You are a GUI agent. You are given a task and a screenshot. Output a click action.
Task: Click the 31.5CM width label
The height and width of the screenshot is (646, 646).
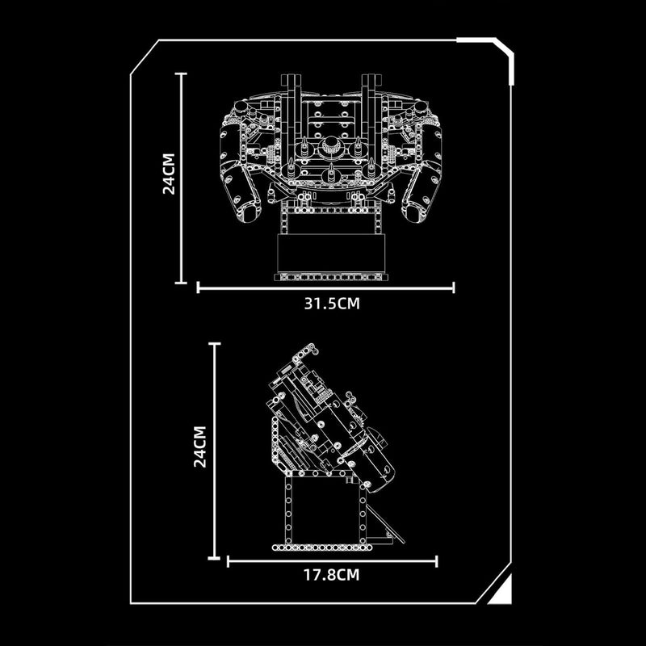click(325, 304)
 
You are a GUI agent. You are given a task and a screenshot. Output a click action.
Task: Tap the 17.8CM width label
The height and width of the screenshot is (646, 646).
click(331, 575)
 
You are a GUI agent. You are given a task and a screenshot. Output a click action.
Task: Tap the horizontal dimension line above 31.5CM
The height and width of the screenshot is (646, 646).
click(325, 286)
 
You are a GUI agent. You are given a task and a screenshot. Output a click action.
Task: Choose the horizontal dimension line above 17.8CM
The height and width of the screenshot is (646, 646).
click(331, 560)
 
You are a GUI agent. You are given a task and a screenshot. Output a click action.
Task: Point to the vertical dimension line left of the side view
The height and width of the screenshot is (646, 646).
click(215, 450)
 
